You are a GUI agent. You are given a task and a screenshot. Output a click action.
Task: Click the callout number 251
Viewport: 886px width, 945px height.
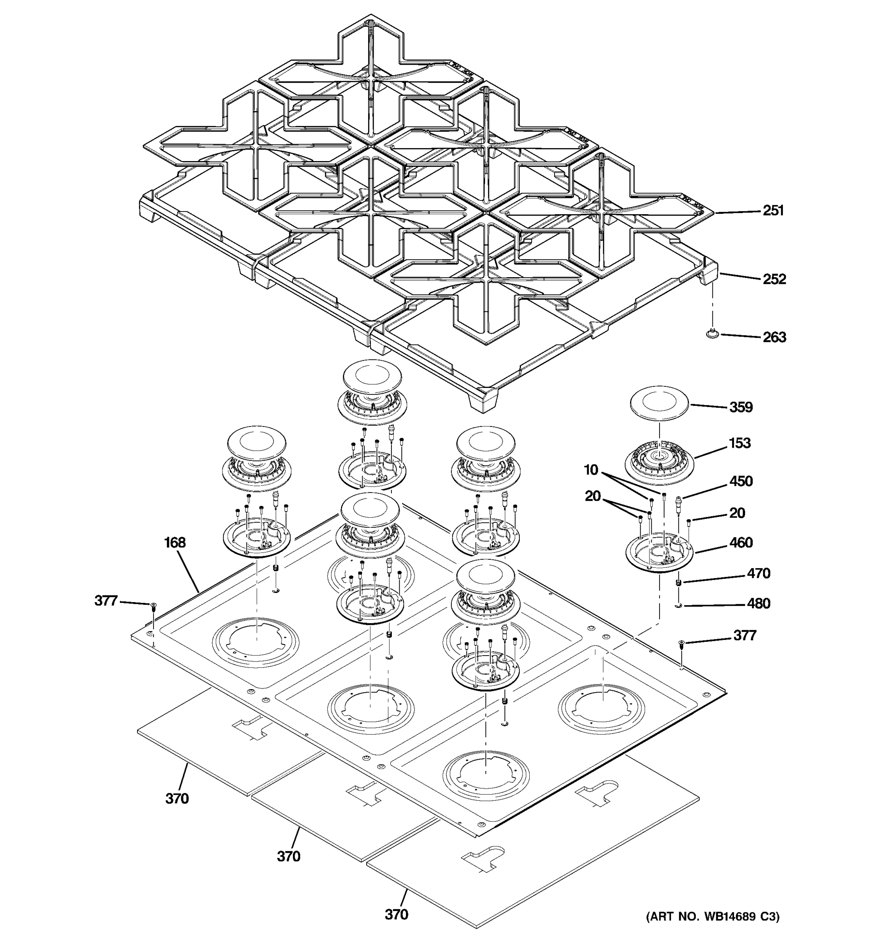click(773, 211)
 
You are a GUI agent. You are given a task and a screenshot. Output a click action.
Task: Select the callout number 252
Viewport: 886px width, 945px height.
click(774, 279)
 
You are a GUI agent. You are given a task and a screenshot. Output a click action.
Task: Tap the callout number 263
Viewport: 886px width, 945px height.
click(774, 337)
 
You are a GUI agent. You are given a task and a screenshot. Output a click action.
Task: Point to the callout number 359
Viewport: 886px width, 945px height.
click(741, 408)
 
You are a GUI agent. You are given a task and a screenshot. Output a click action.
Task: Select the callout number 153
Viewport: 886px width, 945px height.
click(740, 443)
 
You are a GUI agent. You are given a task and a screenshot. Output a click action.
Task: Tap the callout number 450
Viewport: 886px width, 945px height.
click(741, 482)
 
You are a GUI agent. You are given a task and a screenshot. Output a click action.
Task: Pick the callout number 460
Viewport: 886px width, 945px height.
click(741, 543)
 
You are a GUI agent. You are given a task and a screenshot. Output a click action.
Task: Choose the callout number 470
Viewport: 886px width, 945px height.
click(758, 574)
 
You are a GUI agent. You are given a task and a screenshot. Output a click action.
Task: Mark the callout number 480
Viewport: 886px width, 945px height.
click(758, 604)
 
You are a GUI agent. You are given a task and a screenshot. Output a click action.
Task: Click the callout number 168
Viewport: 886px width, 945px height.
click(175, 543)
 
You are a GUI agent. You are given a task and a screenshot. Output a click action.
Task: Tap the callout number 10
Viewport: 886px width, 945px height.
click(591, 470)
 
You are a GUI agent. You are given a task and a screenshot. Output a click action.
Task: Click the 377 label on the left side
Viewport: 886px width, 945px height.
click(106, 601)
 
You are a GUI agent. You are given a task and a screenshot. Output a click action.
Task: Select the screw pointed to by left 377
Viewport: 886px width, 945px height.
click(153, 606)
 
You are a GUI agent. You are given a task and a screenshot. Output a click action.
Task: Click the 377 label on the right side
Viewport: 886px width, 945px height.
click(744, 636)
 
